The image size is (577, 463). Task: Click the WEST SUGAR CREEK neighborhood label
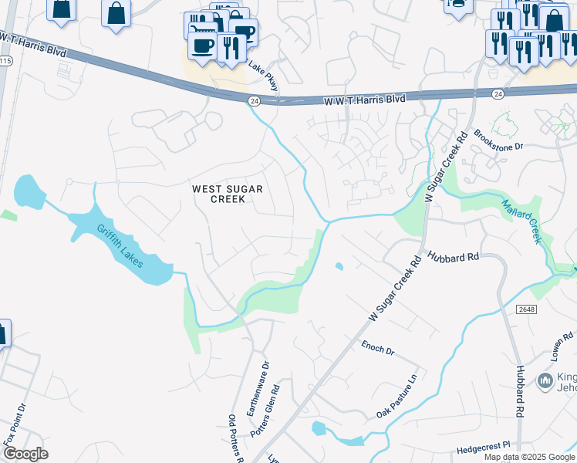tap(228, 194)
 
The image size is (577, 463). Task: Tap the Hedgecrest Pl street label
tap(484, 446)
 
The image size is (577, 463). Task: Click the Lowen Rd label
tap(563, 347)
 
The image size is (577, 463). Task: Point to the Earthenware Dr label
tap(258, 390)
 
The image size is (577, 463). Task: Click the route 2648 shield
tap(526, 309)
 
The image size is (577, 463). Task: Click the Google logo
tap(25, 454)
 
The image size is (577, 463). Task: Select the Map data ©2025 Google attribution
tap(529, 457)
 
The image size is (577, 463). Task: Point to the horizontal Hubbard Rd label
tap(454, 257)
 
